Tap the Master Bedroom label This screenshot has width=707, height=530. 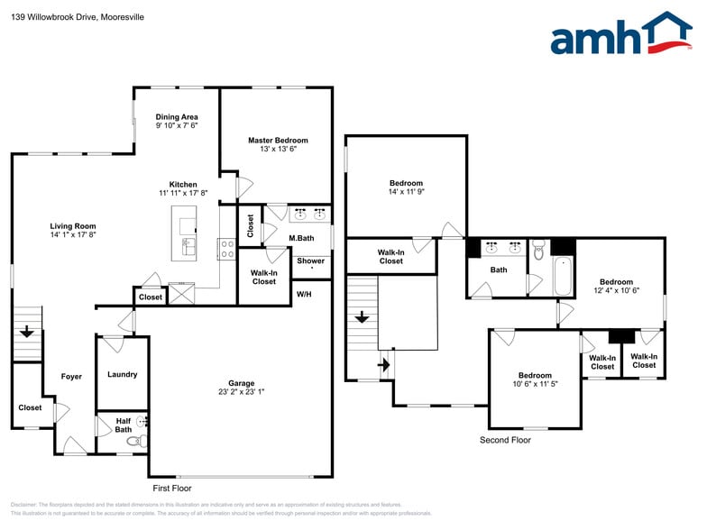point(278,141)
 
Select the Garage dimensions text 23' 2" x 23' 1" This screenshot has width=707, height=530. point(241,392)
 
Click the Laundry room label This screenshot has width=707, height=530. point(122,374)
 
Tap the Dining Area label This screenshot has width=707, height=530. point(177,117)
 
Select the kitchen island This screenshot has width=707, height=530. point(185,231)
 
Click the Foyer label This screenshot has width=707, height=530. point(71,377)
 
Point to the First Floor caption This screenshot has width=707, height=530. point(172,488)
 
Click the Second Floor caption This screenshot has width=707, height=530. point(505,440)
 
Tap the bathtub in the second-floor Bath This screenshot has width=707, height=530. point(562,277)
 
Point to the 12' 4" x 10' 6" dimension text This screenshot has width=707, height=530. point(613,291)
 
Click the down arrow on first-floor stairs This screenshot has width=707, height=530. point(27,332)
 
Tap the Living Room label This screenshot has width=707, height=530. point(72,226)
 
